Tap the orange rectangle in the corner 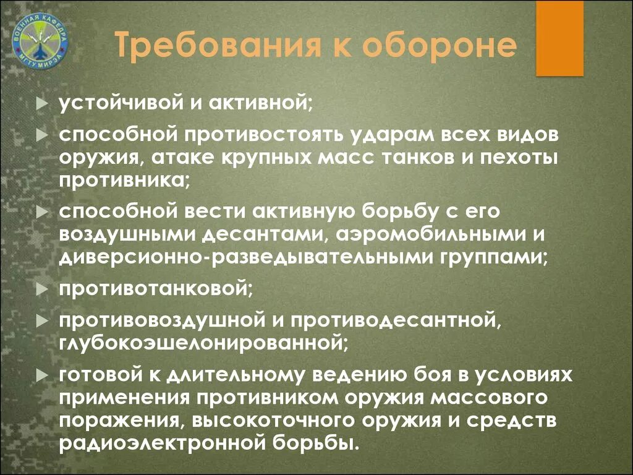pos(559,38)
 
